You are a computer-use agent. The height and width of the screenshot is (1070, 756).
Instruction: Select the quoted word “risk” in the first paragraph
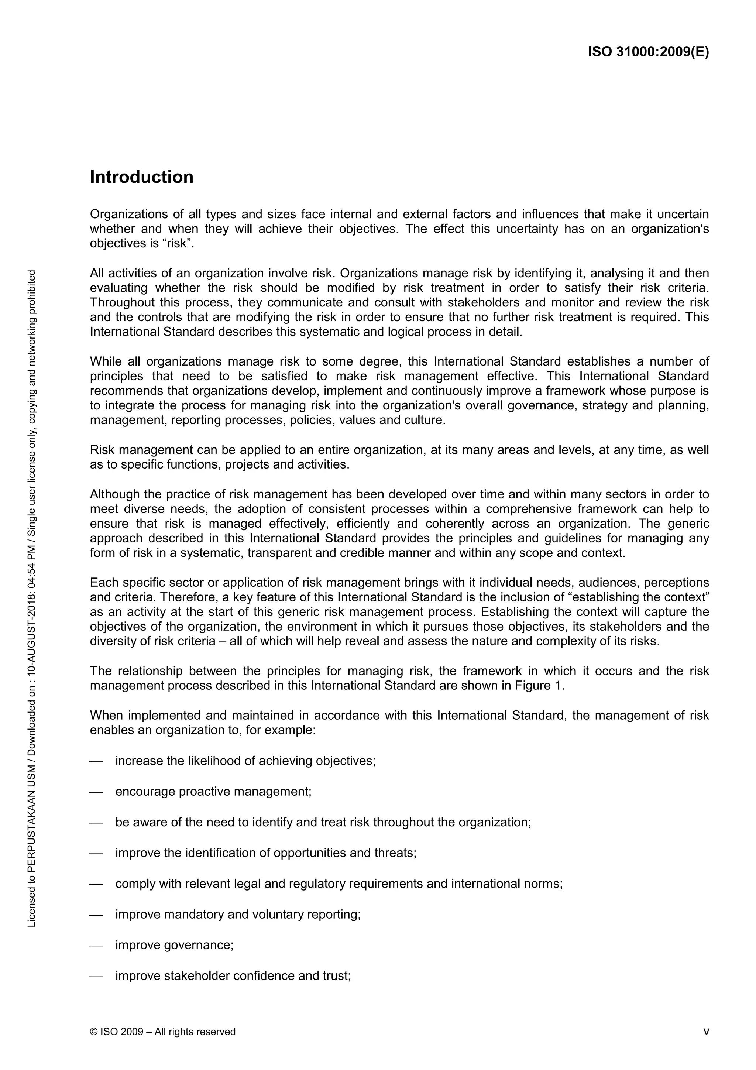[176, 244]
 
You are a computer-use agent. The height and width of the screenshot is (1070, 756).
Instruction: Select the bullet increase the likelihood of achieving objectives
[245, 761]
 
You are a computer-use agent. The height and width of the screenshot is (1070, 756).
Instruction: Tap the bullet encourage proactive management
[213, 791]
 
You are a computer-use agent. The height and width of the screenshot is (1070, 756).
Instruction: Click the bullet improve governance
[174, 945]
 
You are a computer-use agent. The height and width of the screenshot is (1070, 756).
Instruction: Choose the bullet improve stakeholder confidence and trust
[233, 975]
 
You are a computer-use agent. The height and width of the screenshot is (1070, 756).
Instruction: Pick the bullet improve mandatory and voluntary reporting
[238, 914]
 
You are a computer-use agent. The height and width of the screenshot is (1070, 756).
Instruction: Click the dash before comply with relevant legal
[96, 884]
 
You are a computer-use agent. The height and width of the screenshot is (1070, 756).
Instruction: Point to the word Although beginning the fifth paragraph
[114, 494]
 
